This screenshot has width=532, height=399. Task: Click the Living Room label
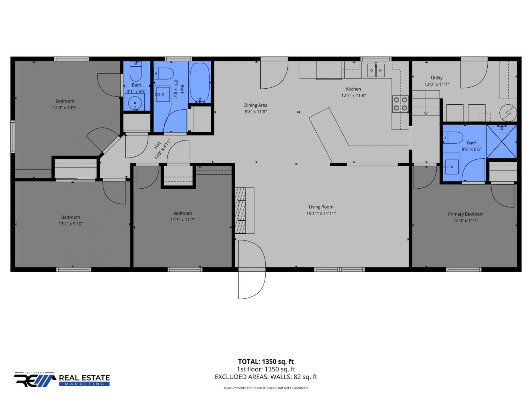point(321,207)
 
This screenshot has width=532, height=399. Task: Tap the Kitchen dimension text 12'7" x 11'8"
point(353,95)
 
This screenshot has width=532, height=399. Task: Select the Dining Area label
point(256,105)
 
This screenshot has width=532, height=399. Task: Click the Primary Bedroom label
point(466,214)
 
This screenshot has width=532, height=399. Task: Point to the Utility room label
point(437,78)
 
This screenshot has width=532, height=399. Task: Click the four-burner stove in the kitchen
point(400,104)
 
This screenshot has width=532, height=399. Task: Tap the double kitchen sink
point(376,70)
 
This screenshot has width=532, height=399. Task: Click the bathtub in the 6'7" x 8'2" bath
point(200,82)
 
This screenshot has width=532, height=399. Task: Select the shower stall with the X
point(501,142)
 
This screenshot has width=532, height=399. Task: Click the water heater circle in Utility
point(508,113)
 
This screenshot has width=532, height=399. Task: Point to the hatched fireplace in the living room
point(240,211)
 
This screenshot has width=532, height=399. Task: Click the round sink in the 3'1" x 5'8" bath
point(135,103)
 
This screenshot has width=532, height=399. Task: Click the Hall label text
point(157,146)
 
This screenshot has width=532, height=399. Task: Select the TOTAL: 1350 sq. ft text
point(266,362)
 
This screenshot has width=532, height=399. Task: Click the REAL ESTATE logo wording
point(84,378)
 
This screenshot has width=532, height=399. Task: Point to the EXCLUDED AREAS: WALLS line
point(266,377)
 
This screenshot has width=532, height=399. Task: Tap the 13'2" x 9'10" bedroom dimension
point(71,223)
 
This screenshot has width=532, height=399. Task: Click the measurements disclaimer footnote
point(266,388)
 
